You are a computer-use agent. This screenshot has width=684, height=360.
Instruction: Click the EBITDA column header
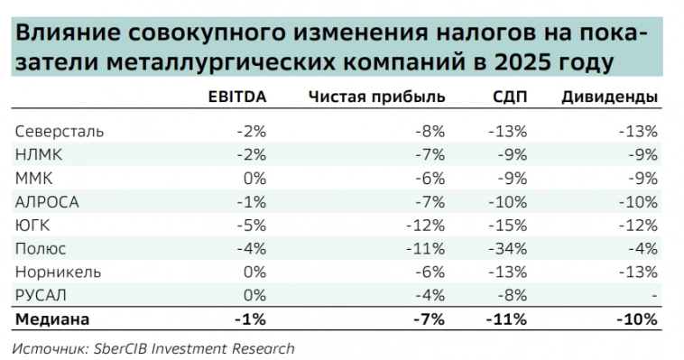tap(236, 97)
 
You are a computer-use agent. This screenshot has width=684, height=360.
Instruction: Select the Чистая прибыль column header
tap(376, 97)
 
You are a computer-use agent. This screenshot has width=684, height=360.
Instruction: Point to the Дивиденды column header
tap(610, 97)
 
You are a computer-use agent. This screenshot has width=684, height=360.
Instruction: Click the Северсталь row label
tap(59, 131)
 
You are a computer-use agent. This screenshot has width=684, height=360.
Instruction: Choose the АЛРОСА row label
tap(47, 201)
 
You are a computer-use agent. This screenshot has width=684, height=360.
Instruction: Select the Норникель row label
tap(58, 272)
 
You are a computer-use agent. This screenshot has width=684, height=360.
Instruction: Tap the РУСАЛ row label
tap(42, 295)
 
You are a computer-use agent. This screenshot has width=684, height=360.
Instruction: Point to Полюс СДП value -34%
tap(508, 248)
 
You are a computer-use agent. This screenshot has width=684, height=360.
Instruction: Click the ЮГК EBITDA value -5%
tap(251, 225)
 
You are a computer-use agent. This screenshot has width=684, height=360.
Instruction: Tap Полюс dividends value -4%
tap(642, 248)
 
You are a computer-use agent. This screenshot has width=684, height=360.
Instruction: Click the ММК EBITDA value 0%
tap(254, 178)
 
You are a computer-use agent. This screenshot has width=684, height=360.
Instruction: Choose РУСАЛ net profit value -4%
tap(430, 295)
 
